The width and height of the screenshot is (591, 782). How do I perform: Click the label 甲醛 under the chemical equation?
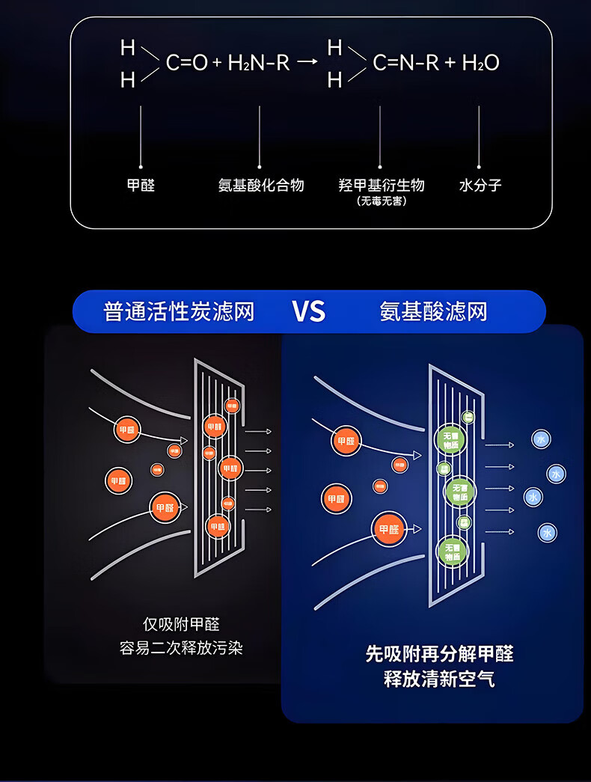click(141, 185)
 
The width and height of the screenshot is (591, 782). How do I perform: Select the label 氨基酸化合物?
click(261, 185)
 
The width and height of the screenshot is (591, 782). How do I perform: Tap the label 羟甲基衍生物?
click(382, 185)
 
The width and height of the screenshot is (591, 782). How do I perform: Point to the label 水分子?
click(480, 185)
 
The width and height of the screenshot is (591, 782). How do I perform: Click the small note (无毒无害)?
click(382, 201)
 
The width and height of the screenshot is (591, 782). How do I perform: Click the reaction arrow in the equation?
click(307, 63)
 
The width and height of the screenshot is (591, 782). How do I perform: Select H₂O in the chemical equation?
click(480, 63)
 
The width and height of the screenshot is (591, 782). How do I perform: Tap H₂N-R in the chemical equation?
click(258, 63)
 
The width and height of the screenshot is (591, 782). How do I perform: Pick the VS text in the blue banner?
click(308, 311)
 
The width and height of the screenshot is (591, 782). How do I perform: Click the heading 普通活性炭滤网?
click(179, 311)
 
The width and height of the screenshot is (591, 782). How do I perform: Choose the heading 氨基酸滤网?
click(433, 311)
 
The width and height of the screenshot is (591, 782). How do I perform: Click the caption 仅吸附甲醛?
click(181, 624)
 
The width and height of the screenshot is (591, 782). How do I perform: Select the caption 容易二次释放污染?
click(181, 648)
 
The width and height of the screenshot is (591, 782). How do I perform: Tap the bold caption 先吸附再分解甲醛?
click(439, 653)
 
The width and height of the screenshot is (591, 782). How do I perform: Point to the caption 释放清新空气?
click(439, 679)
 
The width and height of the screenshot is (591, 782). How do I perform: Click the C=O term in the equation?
click(186, 63)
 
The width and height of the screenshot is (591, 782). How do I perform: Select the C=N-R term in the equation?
click(405, 63)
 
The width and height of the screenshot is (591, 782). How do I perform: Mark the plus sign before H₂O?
click(450, 63)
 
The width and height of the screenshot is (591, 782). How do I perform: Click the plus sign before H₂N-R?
click(217, 63)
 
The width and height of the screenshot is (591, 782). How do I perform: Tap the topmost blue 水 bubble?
click(541, 439)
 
